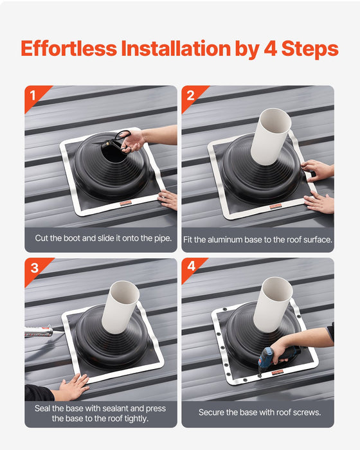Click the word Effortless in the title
(69, 49)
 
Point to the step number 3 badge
(34, 267)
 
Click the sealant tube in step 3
(39, 332)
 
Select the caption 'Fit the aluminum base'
(257, 239)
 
